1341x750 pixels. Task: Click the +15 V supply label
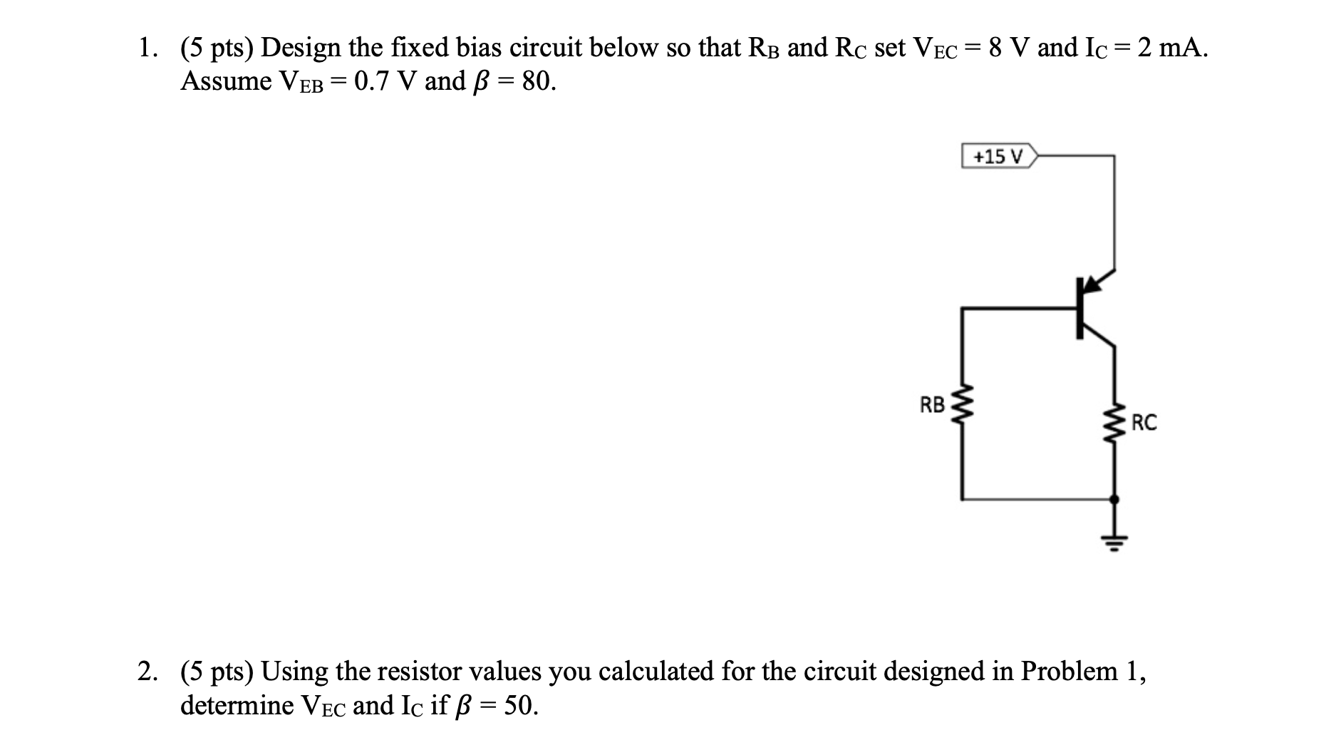click(x=997, y=156)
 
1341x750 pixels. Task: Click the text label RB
click(x=932, y=406)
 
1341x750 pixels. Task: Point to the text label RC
click(x=1145, y=423)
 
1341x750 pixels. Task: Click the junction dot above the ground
click(x=1114, y=499)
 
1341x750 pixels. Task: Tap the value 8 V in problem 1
click(x=1005, y=48)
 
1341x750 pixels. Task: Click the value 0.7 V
click(x=385, y=81)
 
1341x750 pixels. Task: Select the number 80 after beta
click(x=538, y=81)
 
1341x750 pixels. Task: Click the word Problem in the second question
click(x=1069, y=671)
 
